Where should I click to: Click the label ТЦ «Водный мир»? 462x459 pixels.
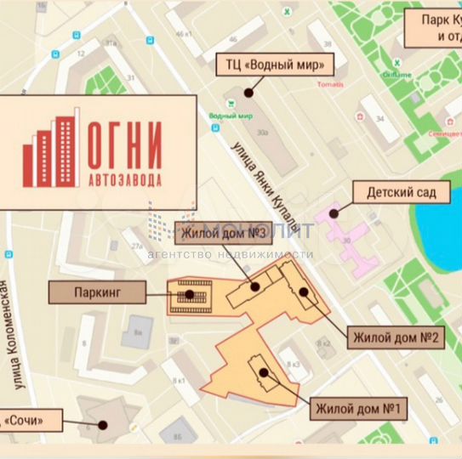(x=275, y=65)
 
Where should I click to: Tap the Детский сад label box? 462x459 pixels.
(x=402, y=193)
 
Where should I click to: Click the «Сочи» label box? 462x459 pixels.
(x=34, y=419)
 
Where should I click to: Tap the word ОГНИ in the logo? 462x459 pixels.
(x=123, y=144)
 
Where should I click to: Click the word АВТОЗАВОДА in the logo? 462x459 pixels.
(x=124, y=179)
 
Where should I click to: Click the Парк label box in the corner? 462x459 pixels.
(x=434, y=28)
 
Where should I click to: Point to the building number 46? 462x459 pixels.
(x=232, y=39)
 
